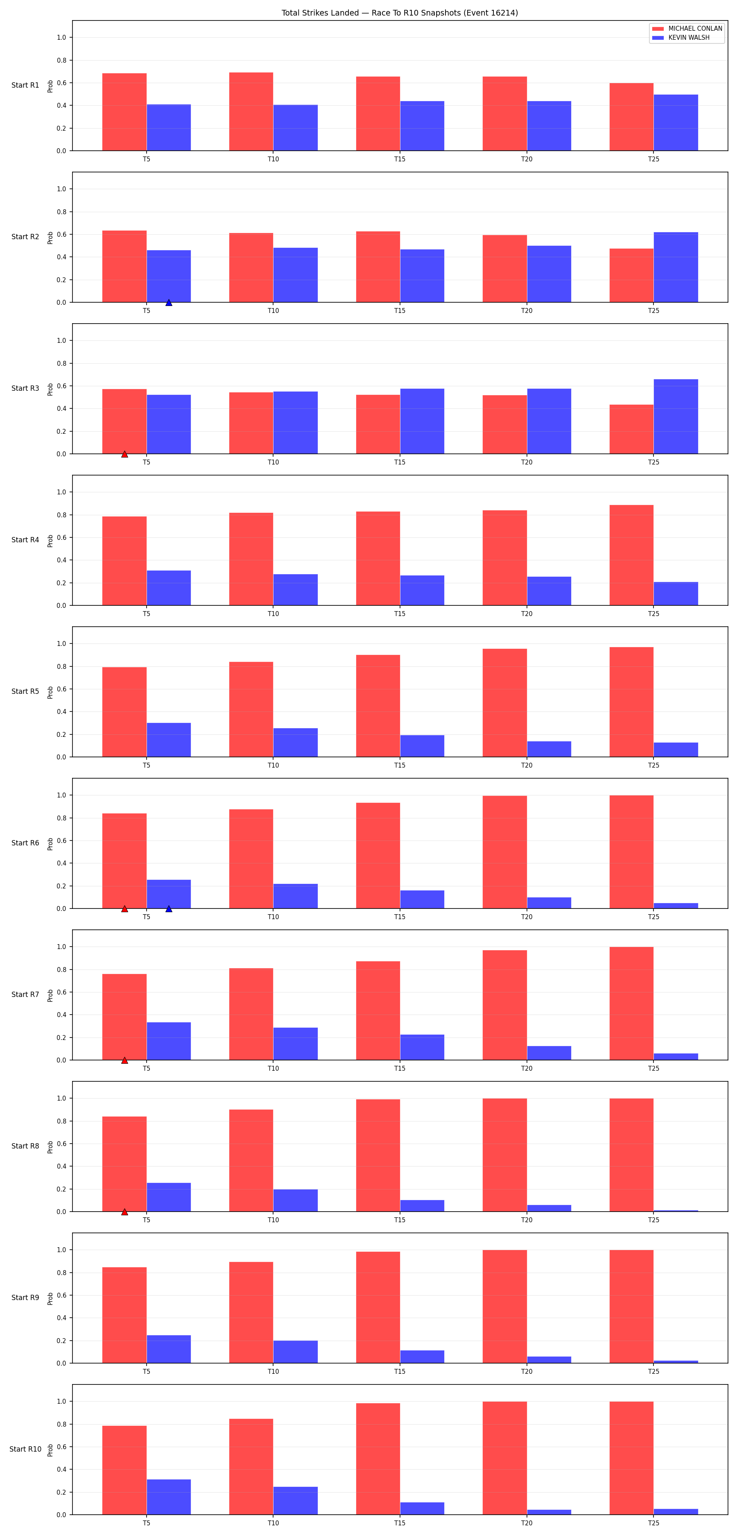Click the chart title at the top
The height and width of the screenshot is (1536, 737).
point(400,13)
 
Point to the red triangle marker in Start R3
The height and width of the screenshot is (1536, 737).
point(124,454)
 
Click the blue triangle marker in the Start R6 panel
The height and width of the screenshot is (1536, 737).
point(169,909)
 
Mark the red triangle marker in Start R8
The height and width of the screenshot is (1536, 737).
point(124,1212)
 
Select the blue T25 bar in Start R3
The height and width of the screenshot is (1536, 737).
point(676,416)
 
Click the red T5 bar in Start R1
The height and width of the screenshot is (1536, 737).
point(124,112)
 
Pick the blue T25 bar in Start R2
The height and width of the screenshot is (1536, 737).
point(676,267)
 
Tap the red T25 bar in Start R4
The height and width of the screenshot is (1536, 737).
point(631,555)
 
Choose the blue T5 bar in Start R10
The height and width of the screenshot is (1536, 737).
point(169,1497)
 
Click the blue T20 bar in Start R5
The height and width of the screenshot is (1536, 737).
point(549,749)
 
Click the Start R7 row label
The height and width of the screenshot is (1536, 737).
point(25,995)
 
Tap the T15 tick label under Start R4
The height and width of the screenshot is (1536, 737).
point(400,614)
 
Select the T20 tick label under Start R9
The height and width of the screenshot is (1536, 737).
point(527,1371)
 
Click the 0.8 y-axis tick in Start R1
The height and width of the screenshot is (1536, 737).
point(61,60)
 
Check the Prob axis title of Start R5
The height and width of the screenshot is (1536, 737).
point(50,692)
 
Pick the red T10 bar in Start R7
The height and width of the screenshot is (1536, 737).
point(251,1014)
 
